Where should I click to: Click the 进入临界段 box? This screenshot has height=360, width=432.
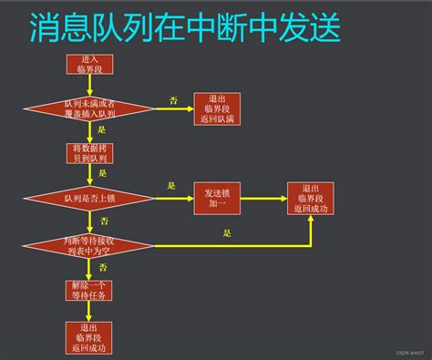pyautogui.click(x=88, y=64)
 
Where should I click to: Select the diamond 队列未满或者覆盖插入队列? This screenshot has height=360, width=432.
pyautogui.click(x=88, y=108)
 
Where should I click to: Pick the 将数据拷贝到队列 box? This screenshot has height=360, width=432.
pyautogui.click(x=88, y=153)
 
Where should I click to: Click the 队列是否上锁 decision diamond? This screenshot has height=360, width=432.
pyautogui.click(x=88, y=197)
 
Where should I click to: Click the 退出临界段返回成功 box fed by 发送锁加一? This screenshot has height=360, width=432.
pyautogui.click(x=310, y=198)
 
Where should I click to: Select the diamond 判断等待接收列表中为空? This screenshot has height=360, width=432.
pyautogui.click(x=88, y=242)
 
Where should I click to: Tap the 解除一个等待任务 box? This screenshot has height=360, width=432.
pyautogui.click(x=88, y=290)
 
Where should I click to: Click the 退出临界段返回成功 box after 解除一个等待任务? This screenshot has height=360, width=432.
pyautogui.click(x=88, y=336)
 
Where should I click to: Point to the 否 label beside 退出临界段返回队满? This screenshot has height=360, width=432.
pyautogui.click(x=173, y=98)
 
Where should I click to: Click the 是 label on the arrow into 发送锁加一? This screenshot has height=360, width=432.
pyautogui.click(x=171, y=186)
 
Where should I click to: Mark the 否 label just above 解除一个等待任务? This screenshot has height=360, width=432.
pyautogui.click(x=102, y=267)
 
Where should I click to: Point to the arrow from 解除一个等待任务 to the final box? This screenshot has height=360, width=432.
pyautogui.click(x=88, y=311)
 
